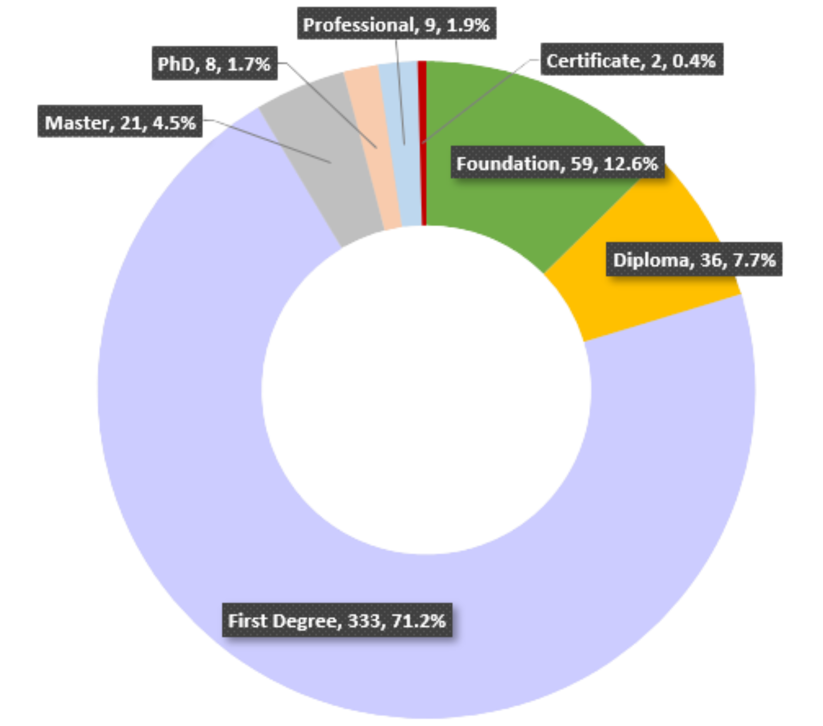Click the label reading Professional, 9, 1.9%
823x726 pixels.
pos(397,25)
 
